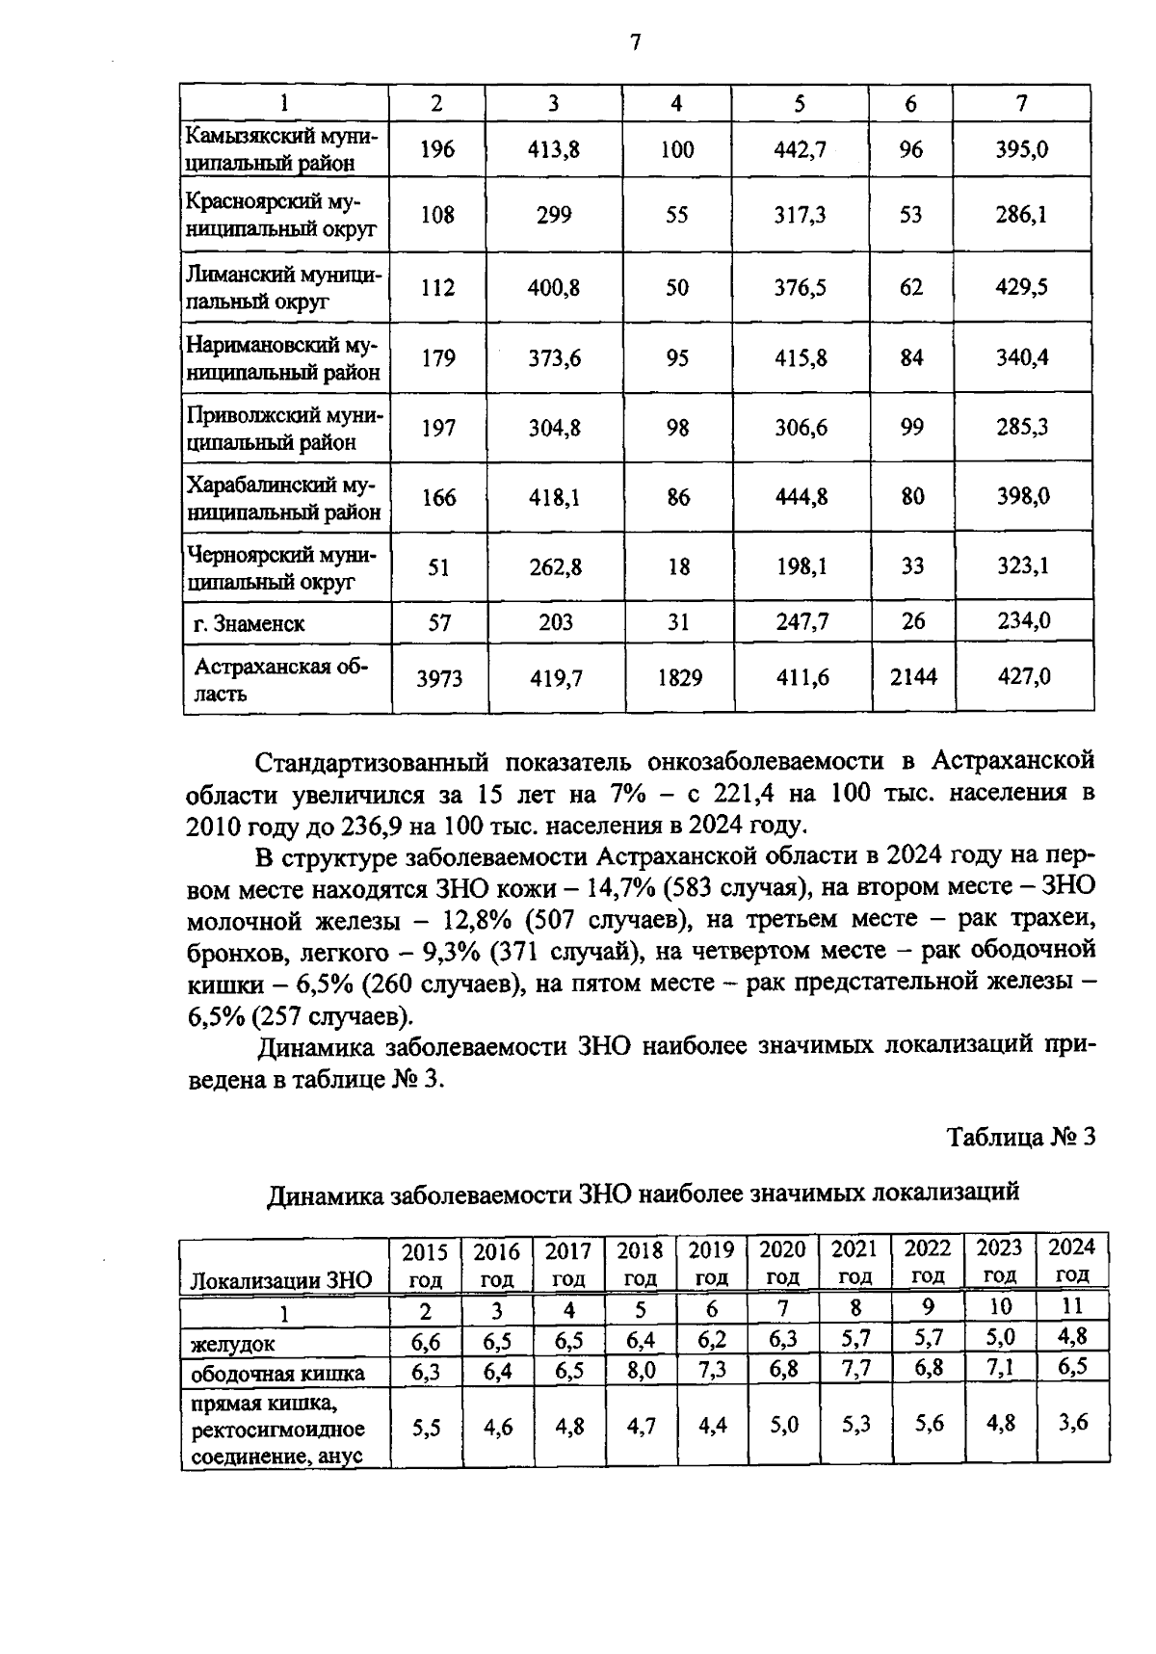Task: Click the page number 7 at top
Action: click(x=634, y=42)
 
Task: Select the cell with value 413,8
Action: click(x=554, y=149)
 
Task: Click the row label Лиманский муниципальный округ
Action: click(x=284, y=287)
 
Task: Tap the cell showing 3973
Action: click(x=438, y=679)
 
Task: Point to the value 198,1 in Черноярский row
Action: click(x=801, y=567)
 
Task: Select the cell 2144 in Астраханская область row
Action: click(x=912, y=678)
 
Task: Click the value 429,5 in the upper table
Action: click(x=1022, y=287)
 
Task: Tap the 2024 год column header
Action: click(x=1071, y=1261)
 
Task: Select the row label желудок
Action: click(x=232, y=1343)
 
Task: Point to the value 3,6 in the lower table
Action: click(x=1072, y=1422)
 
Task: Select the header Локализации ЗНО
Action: click(x=280, y=1280)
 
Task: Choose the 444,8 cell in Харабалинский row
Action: click(x=801, y=497)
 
